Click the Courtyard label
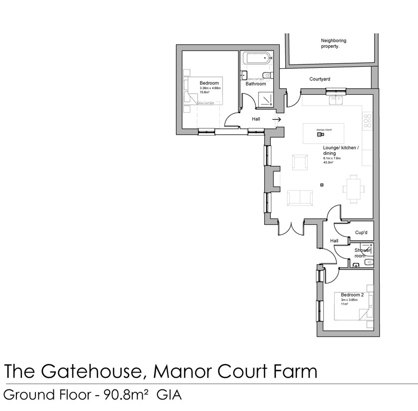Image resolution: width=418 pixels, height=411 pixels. point(320,79)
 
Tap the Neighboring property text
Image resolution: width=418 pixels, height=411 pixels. point(334,43)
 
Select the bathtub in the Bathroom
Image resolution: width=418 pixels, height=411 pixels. point(257,59)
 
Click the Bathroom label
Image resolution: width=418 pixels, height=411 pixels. point(255,84)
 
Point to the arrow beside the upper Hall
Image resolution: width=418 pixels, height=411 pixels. point(276,119)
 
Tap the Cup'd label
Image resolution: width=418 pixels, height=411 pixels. point(361,232)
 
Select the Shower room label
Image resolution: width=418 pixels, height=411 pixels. point(362,253)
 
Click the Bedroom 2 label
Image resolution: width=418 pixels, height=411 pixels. point(352,295)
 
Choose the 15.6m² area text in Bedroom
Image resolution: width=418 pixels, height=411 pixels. point(205,92)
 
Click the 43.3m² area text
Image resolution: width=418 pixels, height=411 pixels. point(328,163)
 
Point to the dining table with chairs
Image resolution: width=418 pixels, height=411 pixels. point(353,189)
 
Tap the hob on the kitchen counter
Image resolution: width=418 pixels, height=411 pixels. point(368,121)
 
